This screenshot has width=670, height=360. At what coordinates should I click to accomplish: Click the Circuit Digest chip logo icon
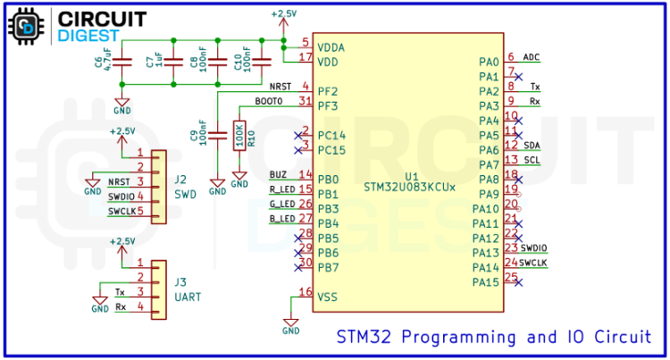tap(26, 26)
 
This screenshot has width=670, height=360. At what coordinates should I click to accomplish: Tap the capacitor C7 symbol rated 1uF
tap(171, 62)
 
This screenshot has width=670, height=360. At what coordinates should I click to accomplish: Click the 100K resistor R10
tap(239, 136)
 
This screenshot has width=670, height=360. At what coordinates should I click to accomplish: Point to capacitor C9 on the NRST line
tap(218, 135)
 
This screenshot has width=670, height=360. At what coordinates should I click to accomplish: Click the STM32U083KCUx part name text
tap(409, 188)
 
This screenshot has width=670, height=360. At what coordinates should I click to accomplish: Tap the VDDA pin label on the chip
tap(331, 46)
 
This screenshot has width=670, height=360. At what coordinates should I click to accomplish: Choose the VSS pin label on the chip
tap(327, 296)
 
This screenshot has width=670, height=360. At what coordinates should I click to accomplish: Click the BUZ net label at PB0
tap(278, 174)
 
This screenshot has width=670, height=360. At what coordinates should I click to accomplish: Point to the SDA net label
tap(532, 146)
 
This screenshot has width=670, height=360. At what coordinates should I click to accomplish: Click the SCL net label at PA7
tap(532, 160)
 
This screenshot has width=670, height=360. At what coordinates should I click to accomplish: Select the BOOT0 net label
tap(268, 102)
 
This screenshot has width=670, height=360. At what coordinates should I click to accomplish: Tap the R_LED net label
tap(281, 189)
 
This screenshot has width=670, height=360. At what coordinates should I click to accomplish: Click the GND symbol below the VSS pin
tap(290, 326)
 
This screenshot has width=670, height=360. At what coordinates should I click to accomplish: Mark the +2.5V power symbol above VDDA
tap(283, 15)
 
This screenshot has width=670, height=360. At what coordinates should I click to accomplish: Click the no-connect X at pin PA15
tap(519, 283)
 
